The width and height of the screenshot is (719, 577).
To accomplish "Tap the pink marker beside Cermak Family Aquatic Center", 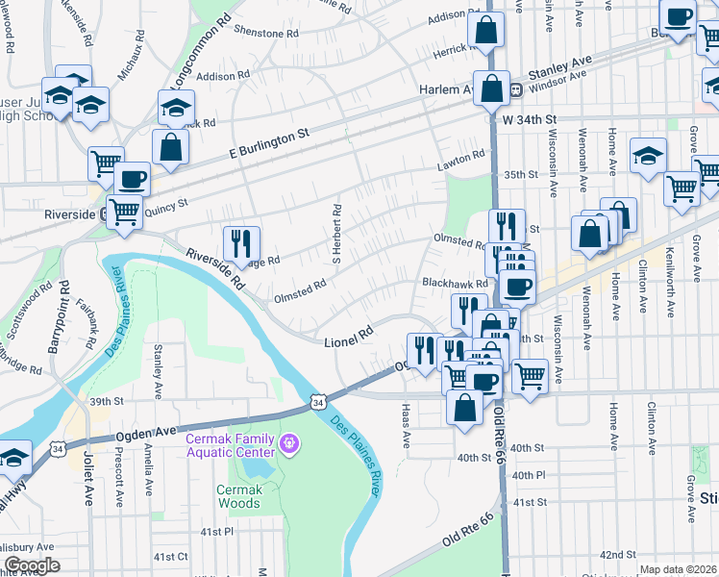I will pos(288,444).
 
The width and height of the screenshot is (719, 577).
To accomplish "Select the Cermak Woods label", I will pos(237,495).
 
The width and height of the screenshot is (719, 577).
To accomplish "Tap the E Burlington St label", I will pos(270,142).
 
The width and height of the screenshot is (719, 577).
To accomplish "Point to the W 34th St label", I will pos(529,119).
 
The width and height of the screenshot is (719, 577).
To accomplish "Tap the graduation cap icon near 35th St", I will pos(648,154).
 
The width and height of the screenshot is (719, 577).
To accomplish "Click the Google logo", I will pos(32,565).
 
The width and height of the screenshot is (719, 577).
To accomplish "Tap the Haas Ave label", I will pos(406,425).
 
